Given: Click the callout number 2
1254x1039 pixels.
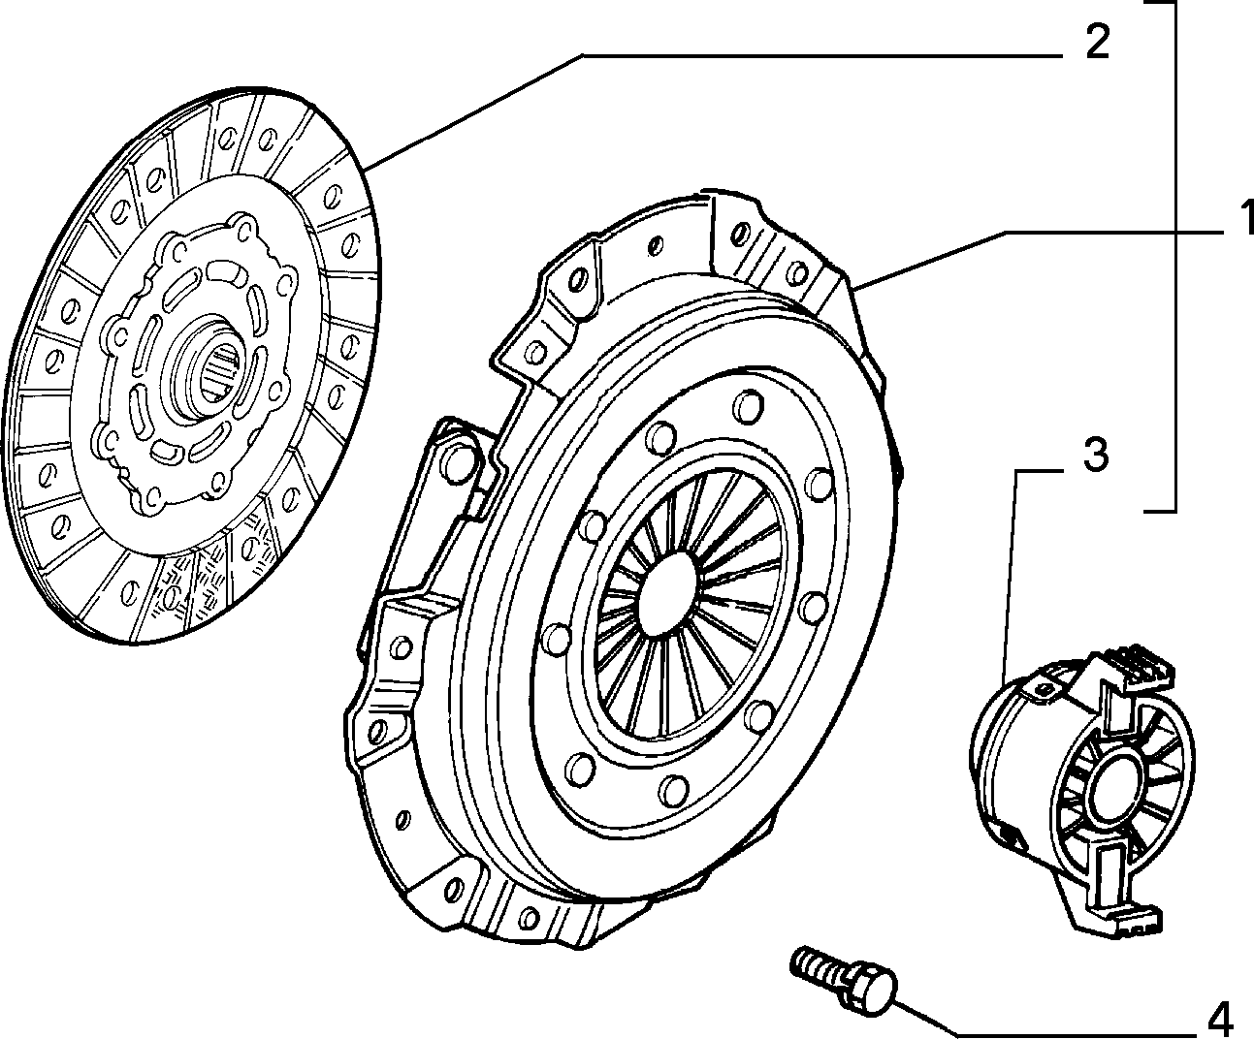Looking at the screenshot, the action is click(1097, 42).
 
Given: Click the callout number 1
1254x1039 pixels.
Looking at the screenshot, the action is click(1245, 217).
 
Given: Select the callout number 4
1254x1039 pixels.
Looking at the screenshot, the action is click(1219, 1017).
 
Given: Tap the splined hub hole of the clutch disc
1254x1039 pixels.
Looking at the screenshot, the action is click(222, 369).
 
